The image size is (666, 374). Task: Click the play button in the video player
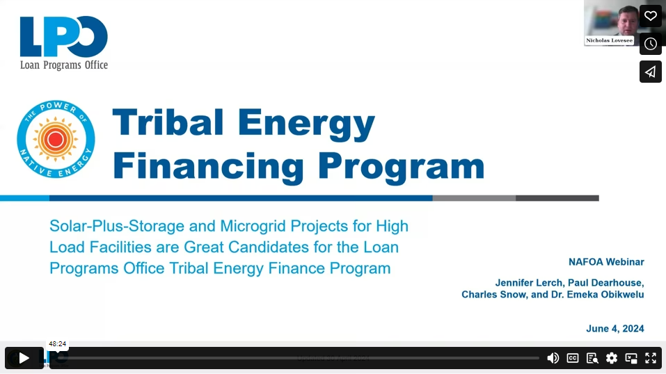24,358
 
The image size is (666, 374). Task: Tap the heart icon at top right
650,16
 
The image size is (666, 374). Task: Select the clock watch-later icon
650,44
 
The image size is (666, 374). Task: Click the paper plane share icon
650,72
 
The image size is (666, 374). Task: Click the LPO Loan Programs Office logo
64,43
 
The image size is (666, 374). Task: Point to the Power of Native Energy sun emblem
56,139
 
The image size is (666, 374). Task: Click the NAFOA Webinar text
606,262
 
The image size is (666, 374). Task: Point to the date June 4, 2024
615,329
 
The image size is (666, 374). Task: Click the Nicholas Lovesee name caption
609,41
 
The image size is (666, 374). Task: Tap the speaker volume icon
553,358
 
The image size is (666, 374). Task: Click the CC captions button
573,358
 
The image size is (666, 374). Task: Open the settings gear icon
612,358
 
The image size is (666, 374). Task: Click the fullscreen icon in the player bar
651,358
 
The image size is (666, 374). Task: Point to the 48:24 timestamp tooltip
57,344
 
